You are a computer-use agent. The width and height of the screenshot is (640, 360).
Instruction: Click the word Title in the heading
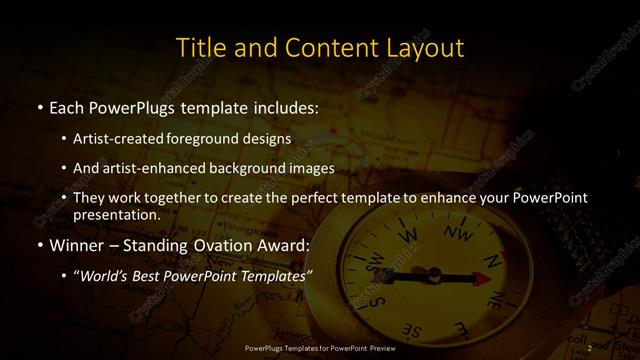click(197, 48)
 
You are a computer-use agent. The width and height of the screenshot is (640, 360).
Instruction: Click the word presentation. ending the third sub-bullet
click(116, 214)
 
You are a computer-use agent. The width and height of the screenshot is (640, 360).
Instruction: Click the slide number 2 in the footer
click(591, 348)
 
